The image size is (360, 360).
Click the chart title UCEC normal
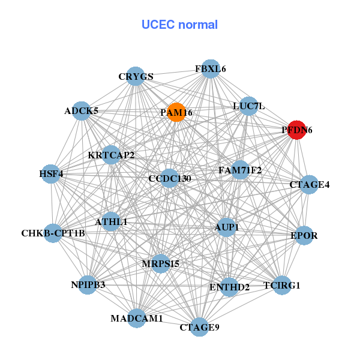(x=179, y=25)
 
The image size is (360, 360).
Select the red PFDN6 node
(x=297, y=129)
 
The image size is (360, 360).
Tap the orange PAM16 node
(x=176, y=112)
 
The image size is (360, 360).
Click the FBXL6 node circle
(x=210, y=69)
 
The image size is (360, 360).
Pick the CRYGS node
(x=136, y=76)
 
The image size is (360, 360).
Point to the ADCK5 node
(x=82, y=110)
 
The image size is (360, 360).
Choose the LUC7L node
(x=248, y=106)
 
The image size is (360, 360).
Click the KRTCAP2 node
(x=111, y=155)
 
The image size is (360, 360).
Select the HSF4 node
(x=51, y=174)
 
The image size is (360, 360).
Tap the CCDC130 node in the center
(x=169, y=178)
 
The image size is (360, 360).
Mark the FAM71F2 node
(x=240, y=170)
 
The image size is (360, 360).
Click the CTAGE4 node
(x=310, y=184)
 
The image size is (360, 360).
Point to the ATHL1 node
(x=111, y=221)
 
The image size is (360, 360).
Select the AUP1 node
(x=226, y=227)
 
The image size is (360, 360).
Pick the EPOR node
(x=304, y=235)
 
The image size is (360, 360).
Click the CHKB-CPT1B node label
(x=53, y=233)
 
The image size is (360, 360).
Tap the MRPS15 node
(x=160, y=263)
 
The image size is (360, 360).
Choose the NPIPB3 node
(x=88, y=284)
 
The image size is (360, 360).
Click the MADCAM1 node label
(x=136, y=319)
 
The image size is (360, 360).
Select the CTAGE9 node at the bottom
(x=200, y=327)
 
